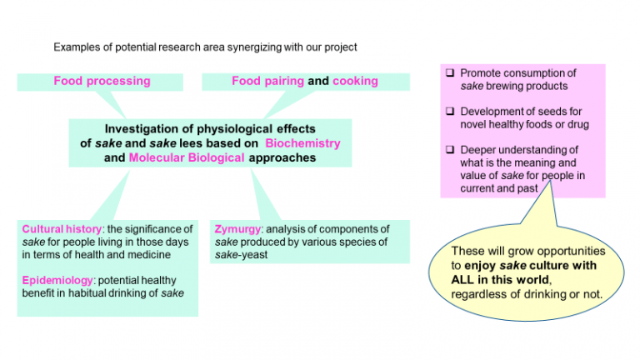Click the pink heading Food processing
(102, 81)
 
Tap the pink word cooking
(355, 81)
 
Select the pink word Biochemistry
(302, 143)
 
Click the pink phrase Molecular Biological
(187, 157)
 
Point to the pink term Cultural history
(62, 229)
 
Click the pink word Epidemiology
(57, 280)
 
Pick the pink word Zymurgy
(237, 229)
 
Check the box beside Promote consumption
(450, 72)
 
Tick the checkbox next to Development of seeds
(450, 111)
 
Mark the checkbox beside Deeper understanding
(450, 149)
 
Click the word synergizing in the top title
(254, 47)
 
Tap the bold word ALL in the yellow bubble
(462, 280)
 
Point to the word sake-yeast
(241, 255)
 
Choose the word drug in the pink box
(578, 124)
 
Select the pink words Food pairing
(267, 81)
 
